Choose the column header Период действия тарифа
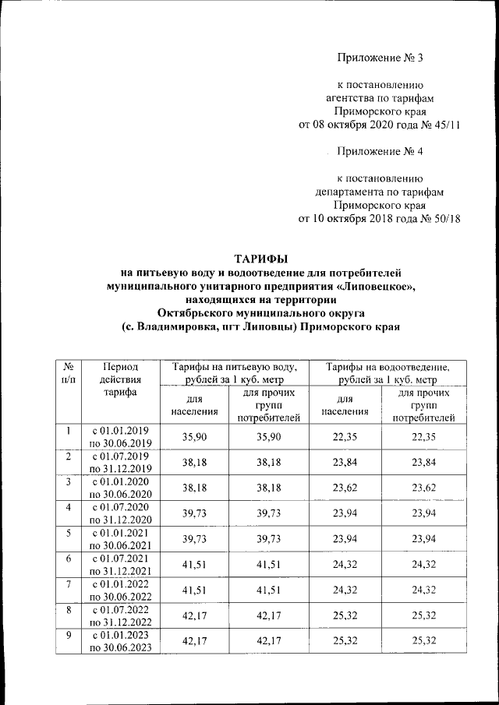(120, 379)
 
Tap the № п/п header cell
(68, 372)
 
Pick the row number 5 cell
(68, 534)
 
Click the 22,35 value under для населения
(344, 437)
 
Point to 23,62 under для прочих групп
(423, 490)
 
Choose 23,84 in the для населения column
(344, 464)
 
